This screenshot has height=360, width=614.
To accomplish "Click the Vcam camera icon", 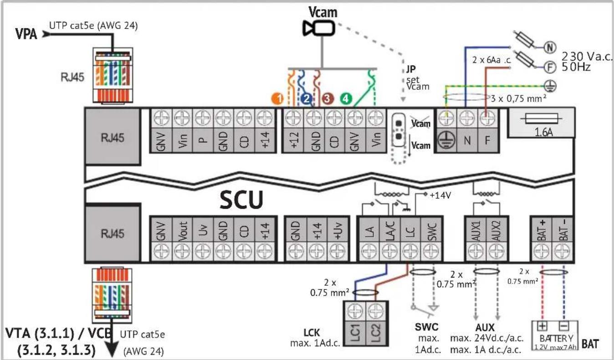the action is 319,28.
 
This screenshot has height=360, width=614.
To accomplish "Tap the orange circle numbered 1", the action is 278,98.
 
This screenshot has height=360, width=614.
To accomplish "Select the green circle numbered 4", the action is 346,98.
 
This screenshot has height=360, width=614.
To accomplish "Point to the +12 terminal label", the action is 294,139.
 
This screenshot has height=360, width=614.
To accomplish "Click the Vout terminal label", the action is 182,231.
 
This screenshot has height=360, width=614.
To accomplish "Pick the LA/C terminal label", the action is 389,231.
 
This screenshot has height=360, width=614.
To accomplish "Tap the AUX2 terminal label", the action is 496,231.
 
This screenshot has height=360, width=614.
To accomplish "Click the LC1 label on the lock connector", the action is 355,333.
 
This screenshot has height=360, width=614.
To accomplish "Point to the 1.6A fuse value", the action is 543,133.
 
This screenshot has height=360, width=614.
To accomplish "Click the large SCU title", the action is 241,200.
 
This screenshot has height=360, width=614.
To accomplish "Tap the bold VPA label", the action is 26,34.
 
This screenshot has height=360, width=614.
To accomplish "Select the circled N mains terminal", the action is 549,47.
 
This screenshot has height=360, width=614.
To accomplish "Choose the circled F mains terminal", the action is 549,67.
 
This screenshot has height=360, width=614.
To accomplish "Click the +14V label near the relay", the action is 440,195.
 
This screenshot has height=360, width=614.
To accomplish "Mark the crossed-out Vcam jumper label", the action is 420,123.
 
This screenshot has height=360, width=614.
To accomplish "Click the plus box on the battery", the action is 542,326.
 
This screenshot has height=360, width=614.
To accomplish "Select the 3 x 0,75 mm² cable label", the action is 518,98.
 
